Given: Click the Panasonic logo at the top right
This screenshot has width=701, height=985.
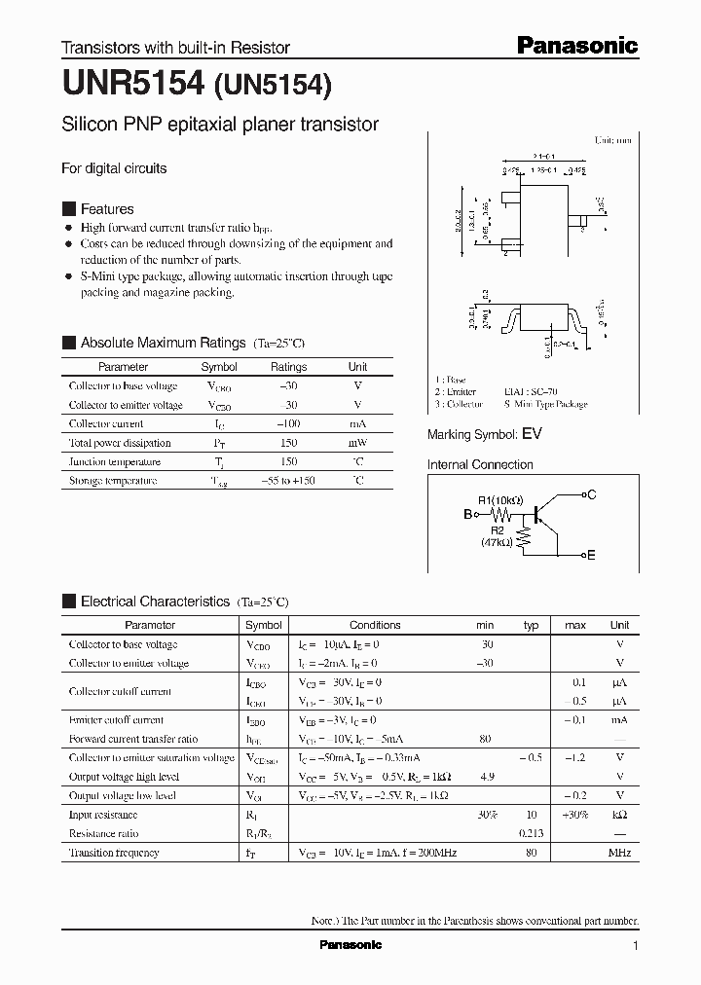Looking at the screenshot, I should click(575, 45).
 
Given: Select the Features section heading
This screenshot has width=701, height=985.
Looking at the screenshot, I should click(106, 209).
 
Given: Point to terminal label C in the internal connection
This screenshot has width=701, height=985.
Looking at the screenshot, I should click(591, 495).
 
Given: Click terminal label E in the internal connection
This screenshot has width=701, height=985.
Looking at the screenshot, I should click(591, 555).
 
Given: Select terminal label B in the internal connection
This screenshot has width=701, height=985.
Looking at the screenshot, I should click(467, 513).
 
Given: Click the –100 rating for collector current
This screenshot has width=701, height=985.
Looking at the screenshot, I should click(288, 424).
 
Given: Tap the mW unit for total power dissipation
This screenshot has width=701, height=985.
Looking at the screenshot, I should click(357, 443).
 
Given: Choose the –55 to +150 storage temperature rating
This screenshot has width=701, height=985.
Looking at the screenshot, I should click(288, 481).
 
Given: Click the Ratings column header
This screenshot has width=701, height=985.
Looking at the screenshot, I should click(288, 367).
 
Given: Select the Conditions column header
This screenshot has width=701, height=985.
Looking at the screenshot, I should click(375, 625).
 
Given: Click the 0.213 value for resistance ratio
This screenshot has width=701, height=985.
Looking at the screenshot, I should click(531, 834).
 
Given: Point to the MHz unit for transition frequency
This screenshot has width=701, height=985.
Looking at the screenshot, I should click(619, 853).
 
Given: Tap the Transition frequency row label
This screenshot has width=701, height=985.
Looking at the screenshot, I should click(114, 853).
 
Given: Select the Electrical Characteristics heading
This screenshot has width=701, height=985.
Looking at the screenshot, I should click(155, 602).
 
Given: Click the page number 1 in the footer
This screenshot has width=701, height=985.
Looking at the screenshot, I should click(636, 946).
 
